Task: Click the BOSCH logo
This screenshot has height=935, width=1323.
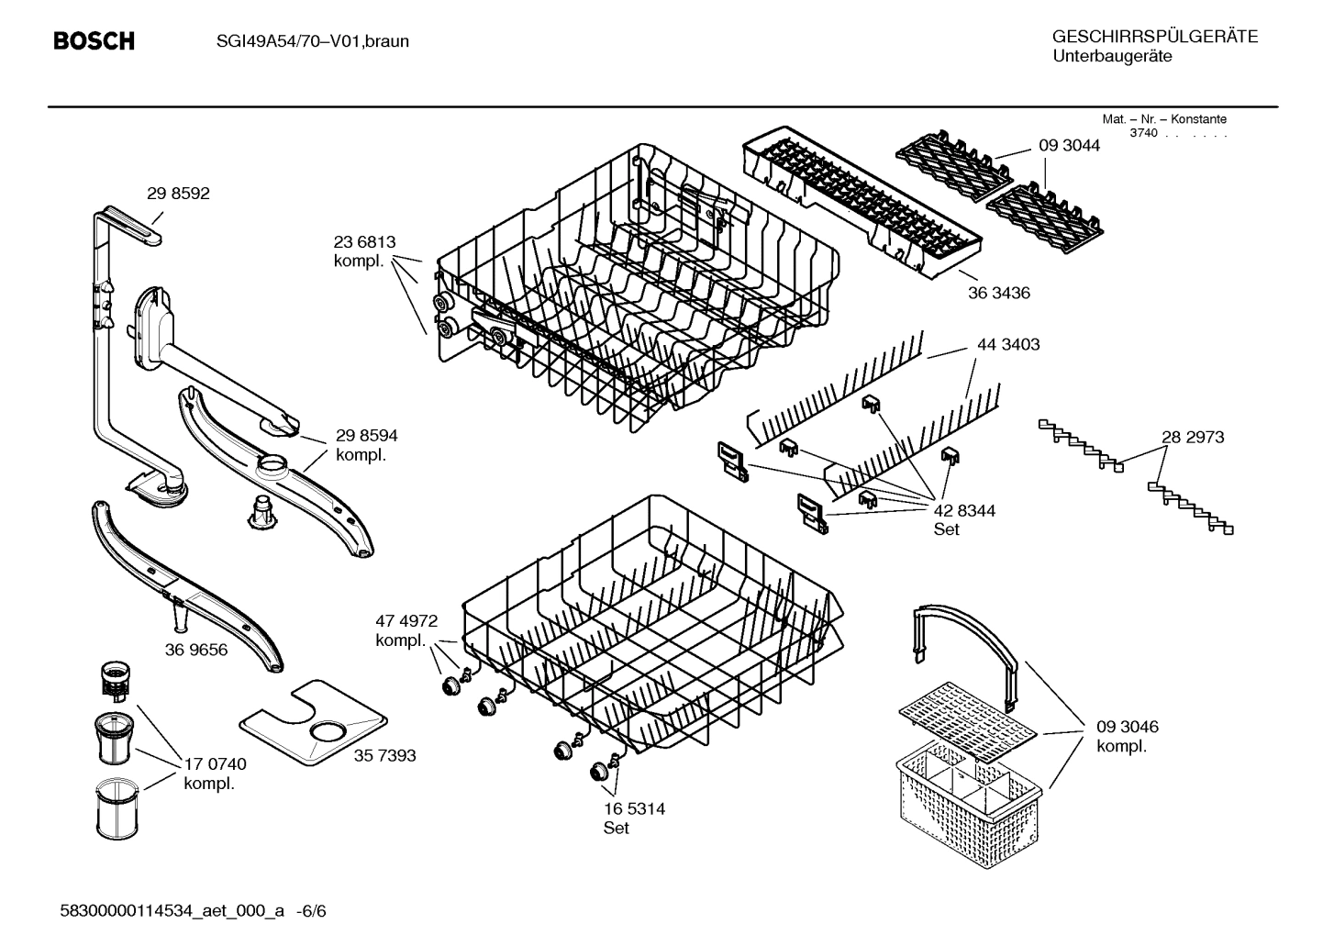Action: pyautogui.click(x=94, y=41)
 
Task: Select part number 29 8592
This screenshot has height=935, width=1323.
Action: pyautogui.click(x=178, y=194)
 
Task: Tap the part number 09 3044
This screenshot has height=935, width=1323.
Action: pyautogui.click(x=1069, y=146)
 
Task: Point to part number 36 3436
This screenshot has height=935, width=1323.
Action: pyautogui.click(x=999, y=294)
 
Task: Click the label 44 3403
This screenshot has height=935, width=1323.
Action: pyautogui.click(x=1008, y=345)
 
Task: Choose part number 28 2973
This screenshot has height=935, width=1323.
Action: pyautogui.click(x=1193, y=438)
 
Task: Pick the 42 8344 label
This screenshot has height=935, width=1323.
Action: pyautogui.click(x=964, y=511)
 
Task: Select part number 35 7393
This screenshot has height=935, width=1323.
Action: pyautogui.click(x=384, y=755)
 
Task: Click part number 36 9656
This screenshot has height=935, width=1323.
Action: pyautogui.click(x=196, y=651)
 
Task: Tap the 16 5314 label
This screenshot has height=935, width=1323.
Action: pyautogui.click(x=634, y=809)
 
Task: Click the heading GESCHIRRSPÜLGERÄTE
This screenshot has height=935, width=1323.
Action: pyautogui.click(x=1154, y=37)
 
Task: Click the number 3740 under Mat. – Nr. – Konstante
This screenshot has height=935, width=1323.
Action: pyautogui.click(x=1143, y=134)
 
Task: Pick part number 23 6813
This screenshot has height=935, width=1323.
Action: pyautogui.click(x=364, y=243)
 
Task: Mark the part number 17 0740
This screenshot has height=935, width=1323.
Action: pyautogui.click(x=215, y=764)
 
